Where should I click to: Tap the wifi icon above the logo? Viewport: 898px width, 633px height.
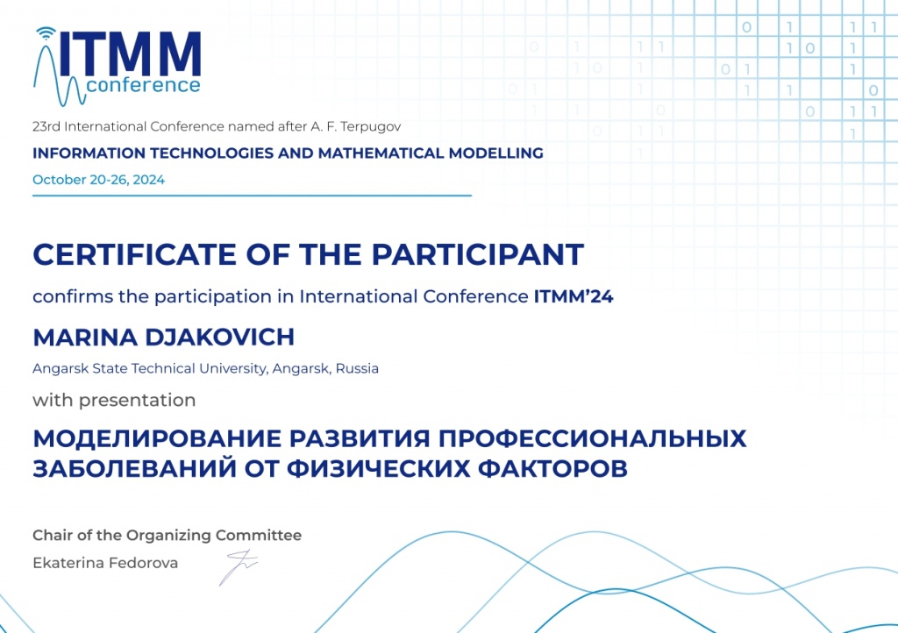pos(45,35)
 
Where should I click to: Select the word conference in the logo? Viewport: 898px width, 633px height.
pos(144,85)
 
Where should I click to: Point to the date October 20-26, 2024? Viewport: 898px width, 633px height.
pos(98,180)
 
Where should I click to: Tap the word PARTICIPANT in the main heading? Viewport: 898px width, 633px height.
pos(477,254)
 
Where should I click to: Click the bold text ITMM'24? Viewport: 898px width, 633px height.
pos(573,296)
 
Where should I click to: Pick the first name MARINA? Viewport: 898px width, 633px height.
pos(75,337)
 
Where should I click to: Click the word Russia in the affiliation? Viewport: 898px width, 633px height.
pos(358,368)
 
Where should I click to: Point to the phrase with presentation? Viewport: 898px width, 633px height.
pos(114,401)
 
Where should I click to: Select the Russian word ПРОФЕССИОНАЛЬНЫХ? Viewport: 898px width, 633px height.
pos(592,438)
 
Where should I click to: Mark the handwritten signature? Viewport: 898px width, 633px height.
pos(237,568)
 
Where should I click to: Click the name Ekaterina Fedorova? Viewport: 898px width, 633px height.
pos(105,563)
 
